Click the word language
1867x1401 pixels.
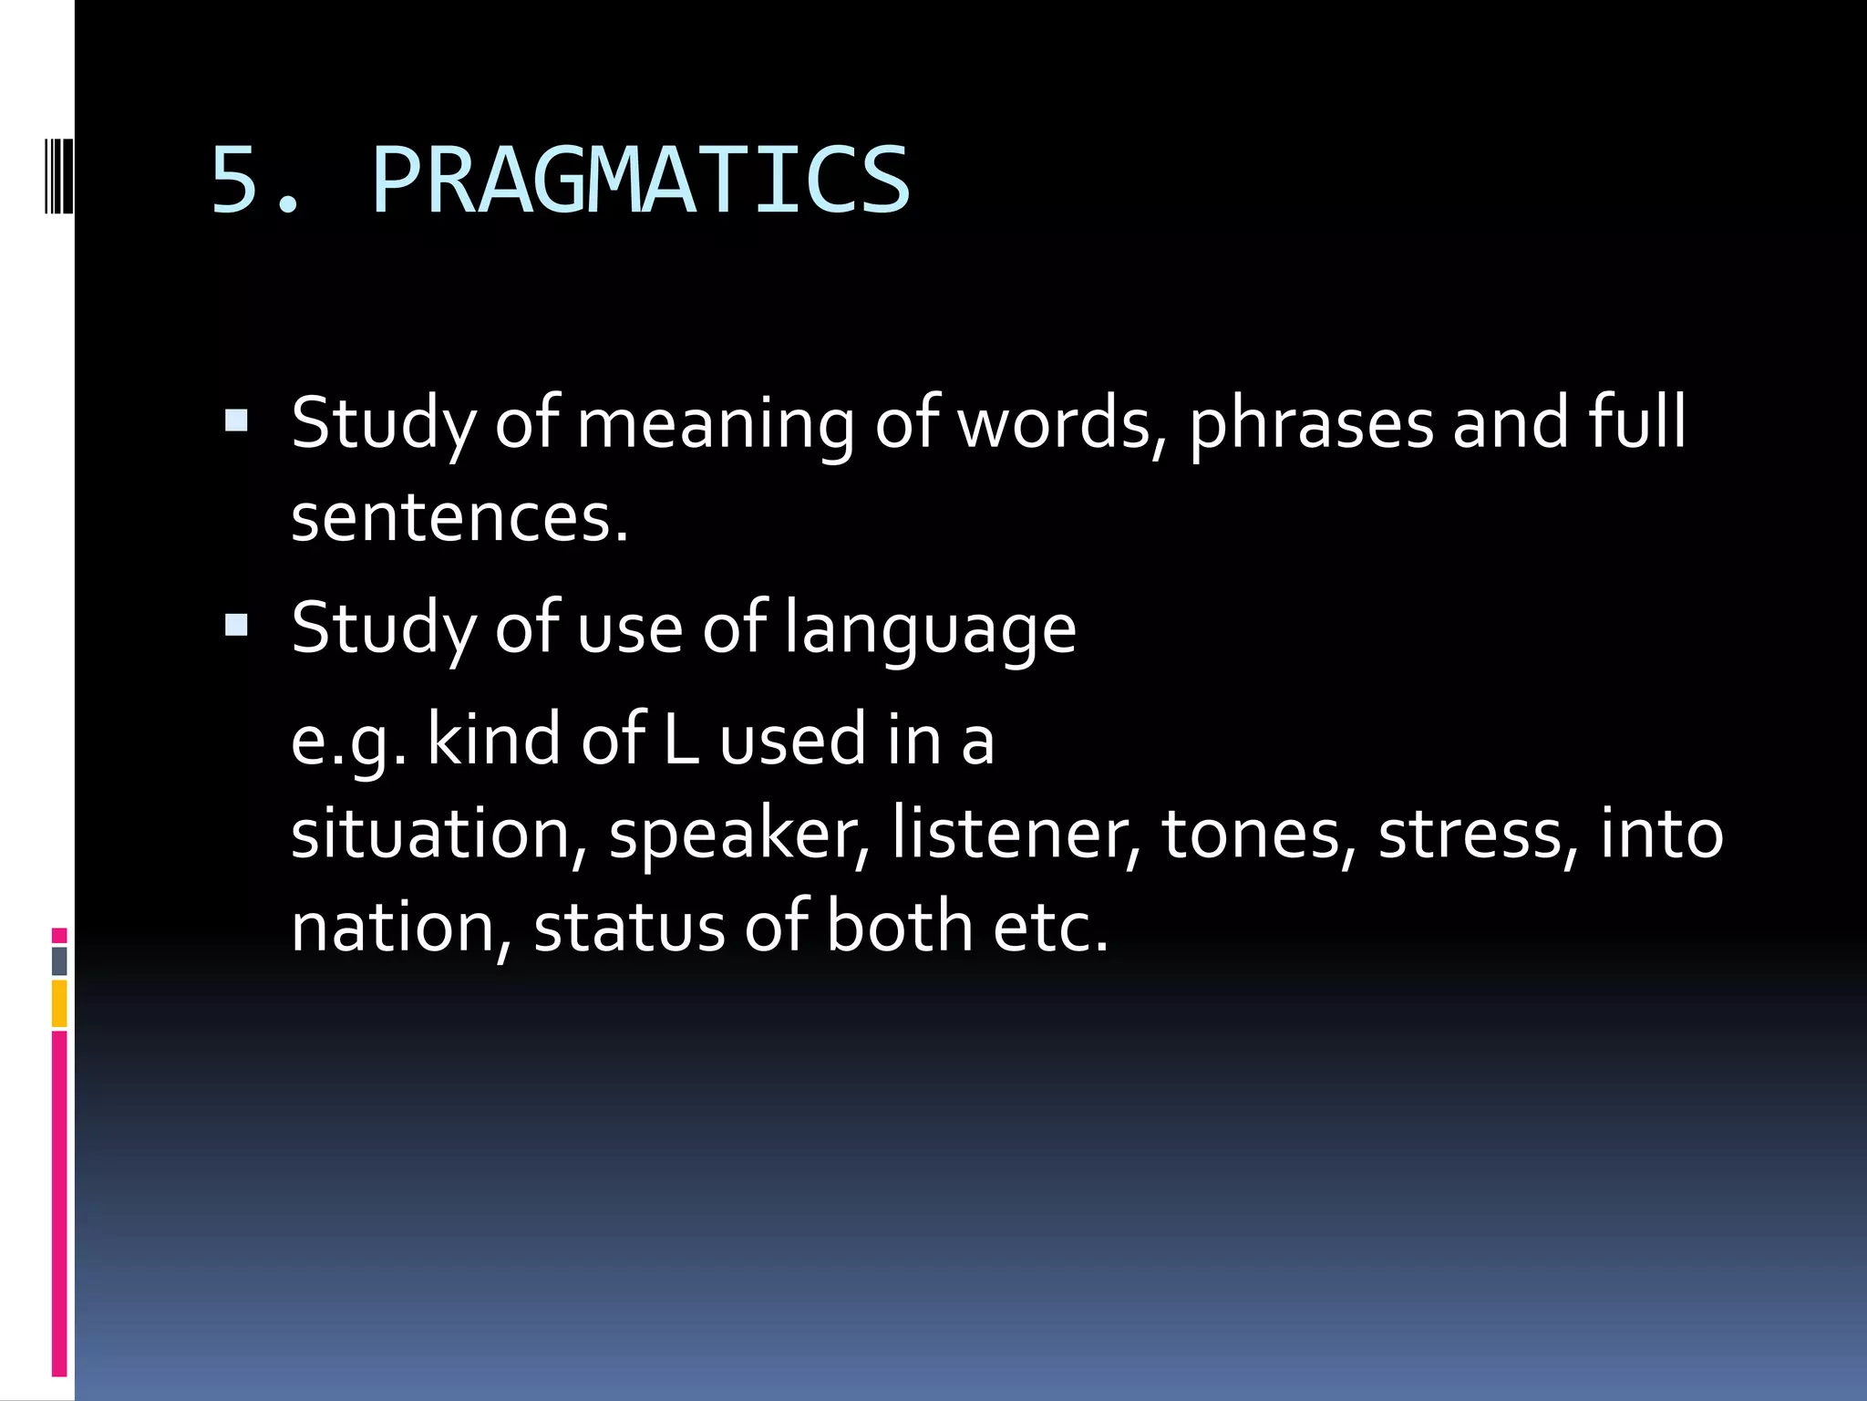point(930,629)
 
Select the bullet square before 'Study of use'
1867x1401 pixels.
point(236,624)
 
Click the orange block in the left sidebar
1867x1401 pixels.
point(59,1002)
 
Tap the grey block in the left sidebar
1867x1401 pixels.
point(59,960)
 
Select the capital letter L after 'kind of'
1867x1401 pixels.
point(680,741)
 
